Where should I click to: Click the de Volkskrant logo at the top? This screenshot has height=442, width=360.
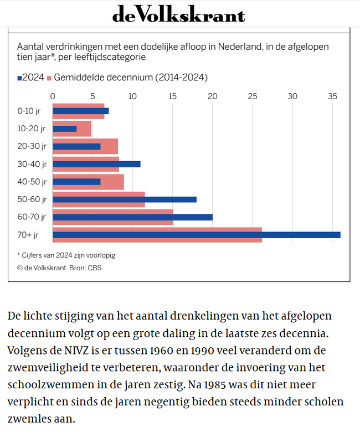179,14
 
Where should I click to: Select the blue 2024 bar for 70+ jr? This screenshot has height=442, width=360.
197,235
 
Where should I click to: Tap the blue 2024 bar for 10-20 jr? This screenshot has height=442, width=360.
65,129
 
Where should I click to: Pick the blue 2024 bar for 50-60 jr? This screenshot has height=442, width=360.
125,199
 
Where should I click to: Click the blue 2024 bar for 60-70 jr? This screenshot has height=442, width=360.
133,217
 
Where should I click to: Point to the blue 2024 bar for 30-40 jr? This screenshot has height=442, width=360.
97,164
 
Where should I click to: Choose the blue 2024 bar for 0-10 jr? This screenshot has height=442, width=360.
81,111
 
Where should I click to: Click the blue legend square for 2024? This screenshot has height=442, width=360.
19,78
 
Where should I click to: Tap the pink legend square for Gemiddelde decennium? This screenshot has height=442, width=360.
49,78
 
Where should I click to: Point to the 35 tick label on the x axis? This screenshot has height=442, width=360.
332,96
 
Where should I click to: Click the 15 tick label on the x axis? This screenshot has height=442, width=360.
173,96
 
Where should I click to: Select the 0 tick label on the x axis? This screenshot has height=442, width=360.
53,96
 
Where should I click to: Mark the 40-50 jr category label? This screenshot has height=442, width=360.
32,182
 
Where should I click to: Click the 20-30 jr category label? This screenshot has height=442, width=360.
32,146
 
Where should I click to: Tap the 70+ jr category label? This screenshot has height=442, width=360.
28,235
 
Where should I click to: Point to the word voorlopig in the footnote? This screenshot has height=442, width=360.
101,255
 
